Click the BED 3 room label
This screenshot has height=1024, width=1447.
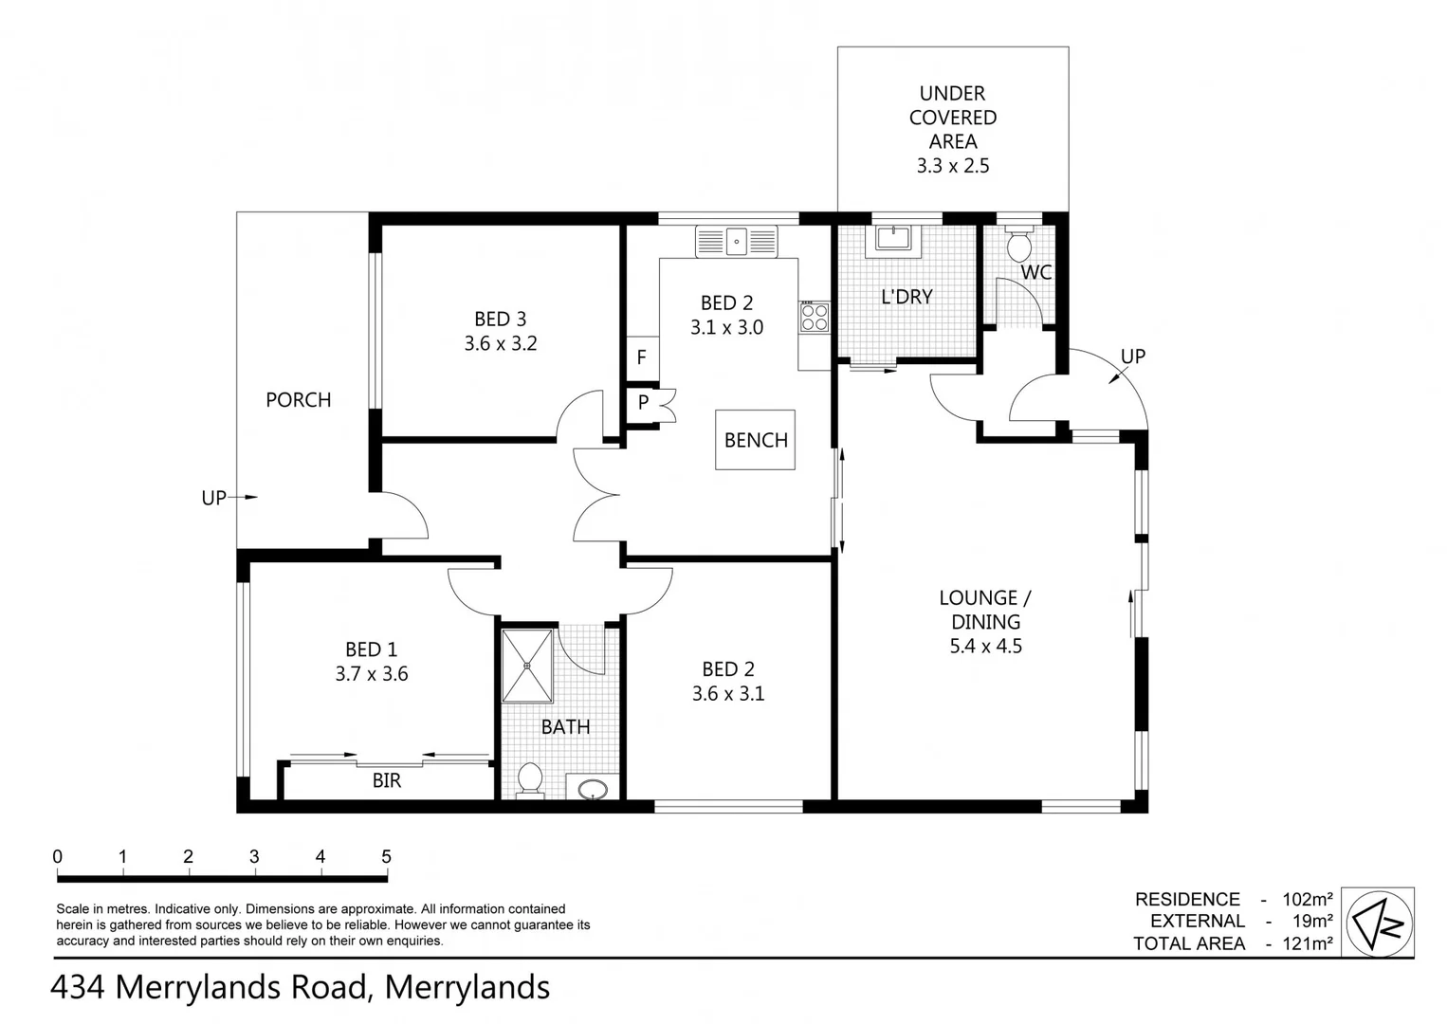(500, 320)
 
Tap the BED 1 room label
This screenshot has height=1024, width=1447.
(371, 649)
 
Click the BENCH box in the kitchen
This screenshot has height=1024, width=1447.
(756, 440)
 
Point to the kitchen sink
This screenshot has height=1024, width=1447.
(736, 241)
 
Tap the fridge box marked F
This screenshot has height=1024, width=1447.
(642, 358)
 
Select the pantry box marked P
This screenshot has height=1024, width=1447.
(643, 402)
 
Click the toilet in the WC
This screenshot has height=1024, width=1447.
(1019, 245)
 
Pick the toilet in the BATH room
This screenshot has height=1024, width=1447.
(530, 779)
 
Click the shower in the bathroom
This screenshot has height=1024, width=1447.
(526, 666)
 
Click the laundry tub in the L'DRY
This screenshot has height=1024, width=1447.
(893, 237)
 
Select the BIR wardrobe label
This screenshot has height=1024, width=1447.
(387, 780)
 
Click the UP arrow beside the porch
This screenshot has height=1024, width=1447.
(228, 497)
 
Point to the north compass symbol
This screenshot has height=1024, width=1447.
(1378, 922)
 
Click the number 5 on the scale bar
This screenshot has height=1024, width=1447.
(386, 856)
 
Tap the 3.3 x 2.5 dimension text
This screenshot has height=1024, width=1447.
(952, 166)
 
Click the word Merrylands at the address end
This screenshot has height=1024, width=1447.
(467, 987)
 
